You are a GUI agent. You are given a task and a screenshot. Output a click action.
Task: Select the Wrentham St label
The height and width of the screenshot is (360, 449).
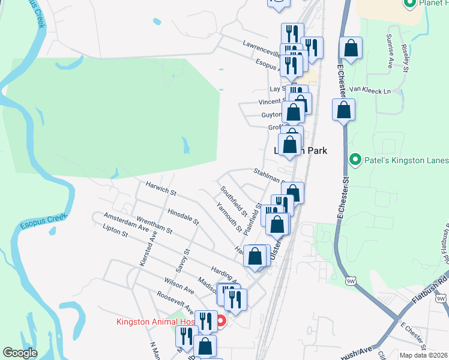(155, 227)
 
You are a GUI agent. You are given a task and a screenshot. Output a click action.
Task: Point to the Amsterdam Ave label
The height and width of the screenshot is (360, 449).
(125, 222)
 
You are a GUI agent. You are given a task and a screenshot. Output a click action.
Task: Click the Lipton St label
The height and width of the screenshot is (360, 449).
(115, 232)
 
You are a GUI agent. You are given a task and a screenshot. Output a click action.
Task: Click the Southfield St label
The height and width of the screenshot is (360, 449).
(234, 201)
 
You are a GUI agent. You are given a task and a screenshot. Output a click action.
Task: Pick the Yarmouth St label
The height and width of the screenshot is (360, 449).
(229, 216)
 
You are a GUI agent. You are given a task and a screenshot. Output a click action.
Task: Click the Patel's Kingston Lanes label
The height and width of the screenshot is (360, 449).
(406, 160)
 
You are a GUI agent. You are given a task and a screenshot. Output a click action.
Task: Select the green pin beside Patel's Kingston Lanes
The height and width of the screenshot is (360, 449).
(355, 160)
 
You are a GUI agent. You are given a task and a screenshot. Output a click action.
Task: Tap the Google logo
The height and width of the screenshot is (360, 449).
(20, 353)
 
